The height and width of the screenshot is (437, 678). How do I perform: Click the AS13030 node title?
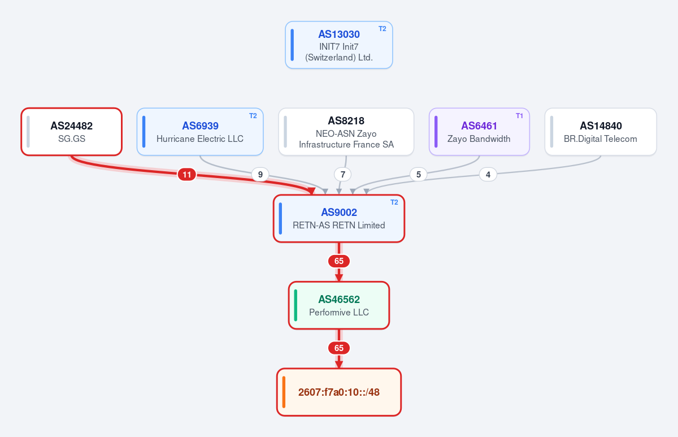coord(338,34)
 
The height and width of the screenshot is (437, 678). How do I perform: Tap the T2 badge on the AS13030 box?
coord(383,29)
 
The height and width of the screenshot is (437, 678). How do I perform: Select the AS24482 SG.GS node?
coord(71,132)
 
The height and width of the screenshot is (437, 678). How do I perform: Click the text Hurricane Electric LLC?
coord(200,139)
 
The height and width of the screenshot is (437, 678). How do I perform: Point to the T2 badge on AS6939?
coord(253,116)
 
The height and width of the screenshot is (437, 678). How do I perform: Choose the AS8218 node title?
coord(346,120)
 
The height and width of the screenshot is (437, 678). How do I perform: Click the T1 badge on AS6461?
coord(519,116)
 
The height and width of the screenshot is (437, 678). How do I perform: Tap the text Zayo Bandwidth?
coord(479,139)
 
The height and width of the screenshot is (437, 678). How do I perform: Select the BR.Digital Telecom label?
coord(600,139)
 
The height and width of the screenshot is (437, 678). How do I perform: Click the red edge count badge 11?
coord(187,175)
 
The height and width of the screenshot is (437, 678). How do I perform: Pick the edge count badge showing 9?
coord(260,175)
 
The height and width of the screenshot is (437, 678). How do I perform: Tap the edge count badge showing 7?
coord(342,175)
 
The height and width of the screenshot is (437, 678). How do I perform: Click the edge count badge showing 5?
coord(419,175)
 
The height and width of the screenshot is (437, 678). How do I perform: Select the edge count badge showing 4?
coord(488,175)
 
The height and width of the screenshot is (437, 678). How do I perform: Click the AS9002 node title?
coord(338,213)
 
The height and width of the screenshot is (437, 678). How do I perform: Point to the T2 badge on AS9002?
coord(394,202)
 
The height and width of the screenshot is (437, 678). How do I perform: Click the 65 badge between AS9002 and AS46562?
coord(338,261)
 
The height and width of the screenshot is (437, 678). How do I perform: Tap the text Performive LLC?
coord(338,312)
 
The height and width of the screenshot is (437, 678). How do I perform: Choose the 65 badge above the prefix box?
coord(338,348)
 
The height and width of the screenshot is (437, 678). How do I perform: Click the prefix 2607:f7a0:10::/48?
coord(338,392)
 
